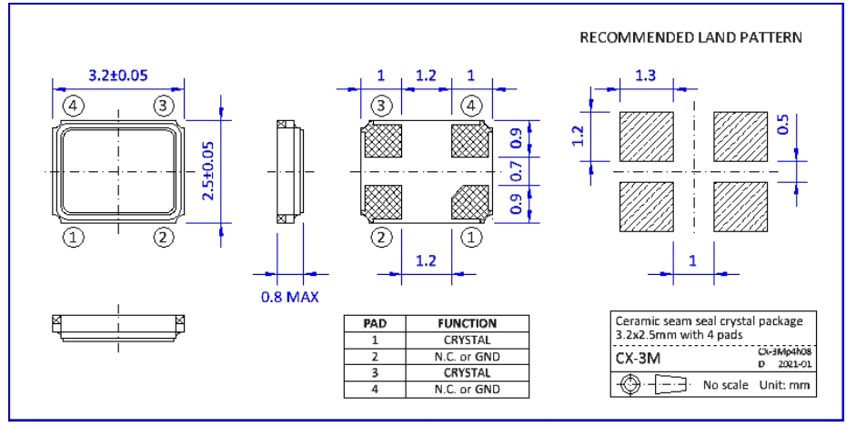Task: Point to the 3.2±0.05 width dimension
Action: click(x=117, y=76)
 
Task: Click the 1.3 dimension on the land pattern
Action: click(x=645, y=77)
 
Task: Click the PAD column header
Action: click(x=376, y=323)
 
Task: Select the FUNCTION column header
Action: click(x=467, y=323)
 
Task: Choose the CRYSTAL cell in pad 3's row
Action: click(x=467, y=372)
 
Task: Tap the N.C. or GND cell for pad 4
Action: click(x=467, y=389)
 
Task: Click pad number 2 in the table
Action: click(x=376, y=356)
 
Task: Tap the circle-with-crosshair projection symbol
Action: click(x=627, y=384)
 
